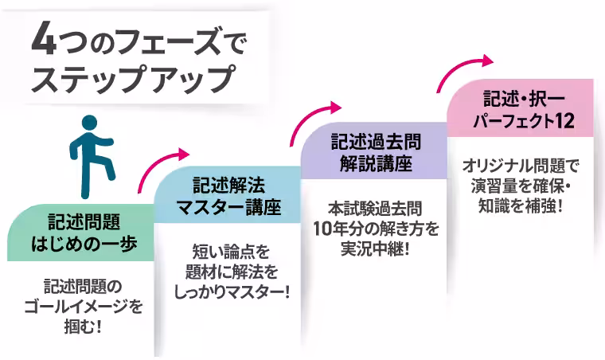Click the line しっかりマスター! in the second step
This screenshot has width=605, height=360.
tap(230, 293)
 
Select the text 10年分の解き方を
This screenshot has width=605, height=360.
tap(374, 229)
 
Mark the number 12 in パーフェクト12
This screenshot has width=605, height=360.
tap(563, 120)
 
